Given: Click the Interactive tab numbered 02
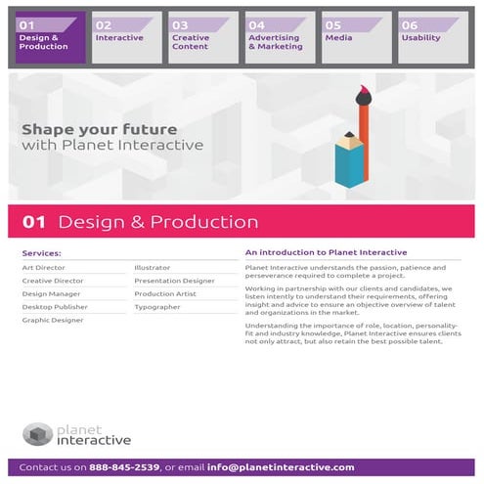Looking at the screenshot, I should click(x=126, y=37).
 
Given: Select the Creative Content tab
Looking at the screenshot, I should click(x=202, y=37).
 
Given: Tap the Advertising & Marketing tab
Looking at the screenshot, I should click(x=280, y=37).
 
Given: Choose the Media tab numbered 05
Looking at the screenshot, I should click(x=356, y=37).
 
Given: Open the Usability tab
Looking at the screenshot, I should click(x=432, y=37).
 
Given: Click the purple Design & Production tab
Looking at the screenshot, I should click(x=50, y=37).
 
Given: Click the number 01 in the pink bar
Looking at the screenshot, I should click(x=34, y=222).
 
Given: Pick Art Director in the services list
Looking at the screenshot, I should click(x=43, y=267).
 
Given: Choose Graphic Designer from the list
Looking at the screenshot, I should click(x=53, y=320).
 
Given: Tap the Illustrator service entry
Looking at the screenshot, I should click(x=153, y=267).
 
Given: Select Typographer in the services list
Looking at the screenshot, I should click(x=157, y=307).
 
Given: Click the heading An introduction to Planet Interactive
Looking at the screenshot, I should click(x=326, y=253).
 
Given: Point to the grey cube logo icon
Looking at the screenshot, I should click(x=37, y=433).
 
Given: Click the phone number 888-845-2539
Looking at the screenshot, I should click(x=124, y=467).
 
